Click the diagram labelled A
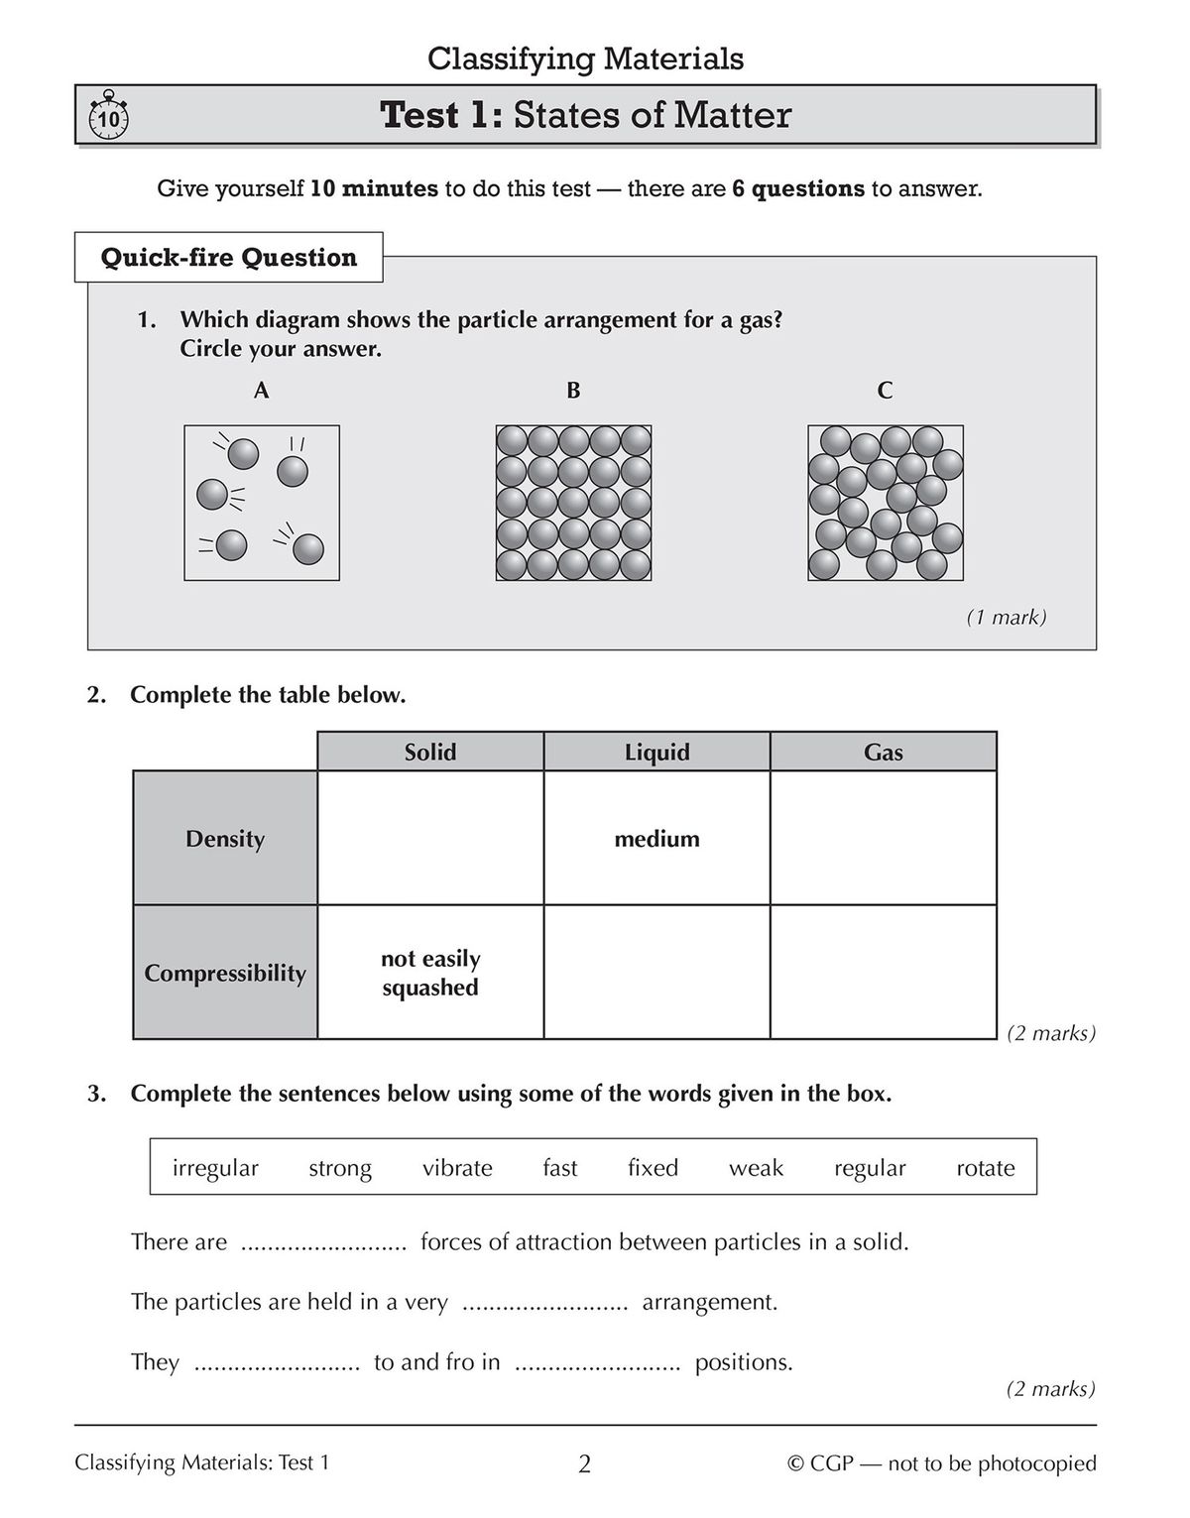(x=262, y=503)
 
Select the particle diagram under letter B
(x=573, y=503)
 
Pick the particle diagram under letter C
(x=885, y=503)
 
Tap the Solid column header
(x=430, y=753)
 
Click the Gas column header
(x=883, y=753)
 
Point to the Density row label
(x=225, y=839)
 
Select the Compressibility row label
(x=225, y=973)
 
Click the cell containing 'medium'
(x=656, y=839)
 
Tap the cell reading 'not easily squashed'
(x=430, y=973)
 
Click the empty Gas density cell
(x=883, y=839)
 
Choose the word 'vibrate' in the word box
(x=457, y=1168)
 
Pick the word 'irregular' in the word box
(x=215, y=1168)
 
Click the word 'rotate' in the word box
(x=985, y=1168)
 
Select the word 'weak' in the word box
(x=756, y=1168)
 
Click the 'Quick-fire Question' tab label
(x=229, y=258)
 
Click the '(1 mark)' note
(x=1006, y=618)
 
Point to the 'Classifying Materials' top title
(x=585, y=58)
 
